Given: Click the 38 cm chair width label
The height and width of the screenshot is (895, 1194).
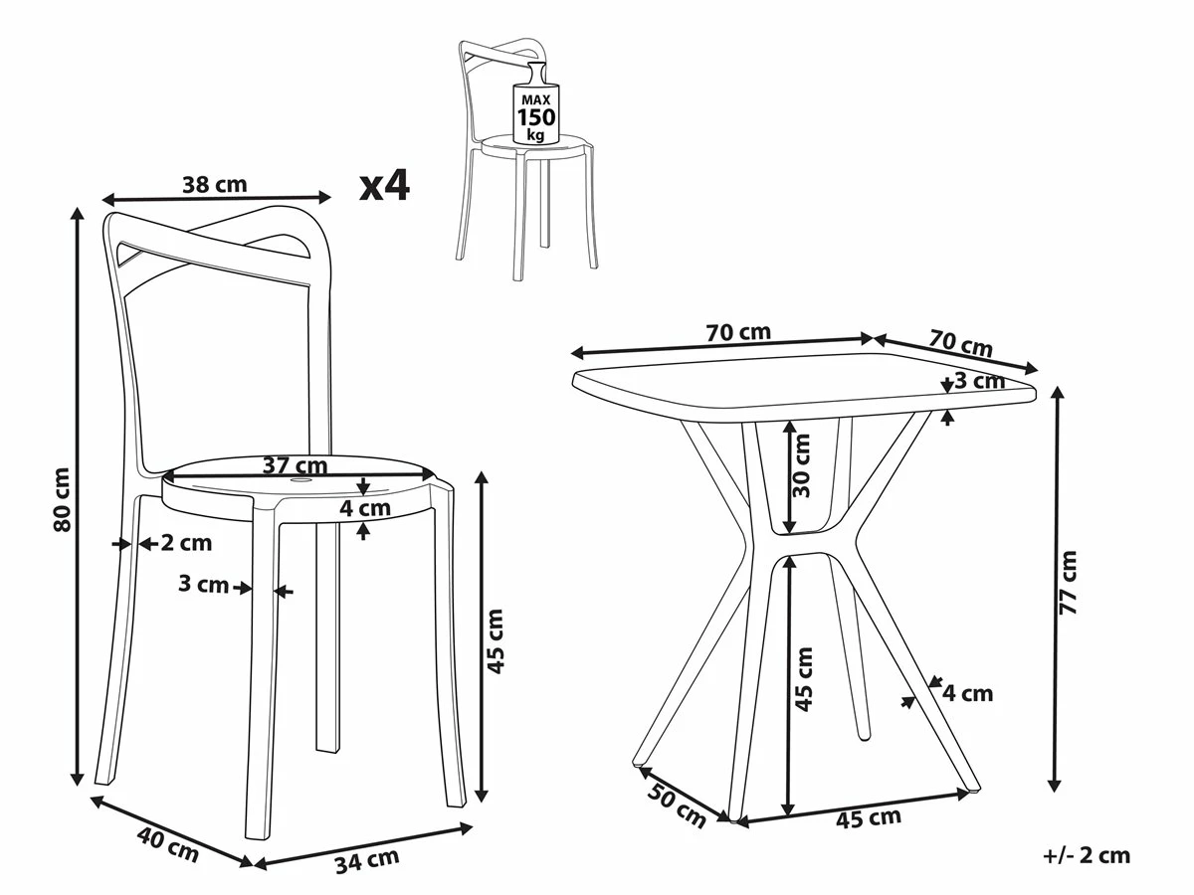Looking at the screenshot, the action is pyautogui.click(x=214, y=185).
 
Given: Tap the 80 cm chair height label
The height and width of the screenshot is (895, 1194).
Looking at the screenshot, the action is pyautogui.click(x=63, y=499).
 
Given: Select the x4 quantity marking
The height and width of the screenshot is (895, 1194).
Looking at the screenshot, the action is pyautogui.click(x=385, y=185).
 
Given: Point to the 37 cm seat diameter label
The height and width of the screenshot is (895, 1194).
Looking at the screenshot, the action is pyautogui.click(x=295, y=465).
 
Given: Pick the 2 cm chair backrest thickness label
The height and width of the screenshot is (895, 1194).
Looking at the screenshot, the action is pyautogui.click(x=186, y=543).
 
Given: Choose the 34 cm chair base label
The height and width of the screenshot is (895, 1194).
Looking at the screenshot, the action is pyautogui.click(x=366, y=860).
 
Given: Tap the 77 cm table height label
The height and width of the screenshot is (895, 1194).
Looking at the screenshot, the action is pyautogui.click(x=1068, y=583).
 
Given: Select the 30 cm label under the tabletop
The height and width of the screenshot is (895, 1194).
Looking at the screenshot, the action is pyautogui.click(x=801, y=465).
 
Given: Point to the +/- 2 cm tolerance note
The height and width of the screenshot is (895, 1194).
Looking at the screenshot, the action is pyautogui.click(x=1087, y=855).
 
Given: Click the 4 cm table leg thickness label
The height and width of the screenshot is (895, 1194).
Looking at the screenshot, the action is pyautogui.click(x=968, y=693).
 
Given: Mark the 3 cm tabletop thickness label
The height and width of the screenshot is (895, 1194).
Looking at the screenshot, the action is pyautogui.click(x=980, y=381).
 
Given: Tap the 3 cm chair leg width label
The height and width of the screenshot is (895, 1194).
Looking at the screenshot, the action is pyautogui.click(x=203, y=584).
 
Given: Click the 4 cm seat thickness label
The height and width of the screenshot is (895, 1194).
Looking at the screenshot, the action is pyautogui.click(x=365, y=508).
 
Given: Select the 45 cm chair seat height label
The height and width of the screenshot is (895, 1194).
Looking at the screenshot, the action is pyautogui.click(x=495, y=641).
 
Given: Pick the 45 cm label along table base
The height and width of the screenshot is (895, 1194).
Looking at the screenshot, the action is pyautogui.click(x=869, y=819).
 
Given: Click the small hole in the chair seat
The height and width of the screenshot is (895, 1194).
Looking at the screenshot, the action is pyautogui.click(x=299, y=480).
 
